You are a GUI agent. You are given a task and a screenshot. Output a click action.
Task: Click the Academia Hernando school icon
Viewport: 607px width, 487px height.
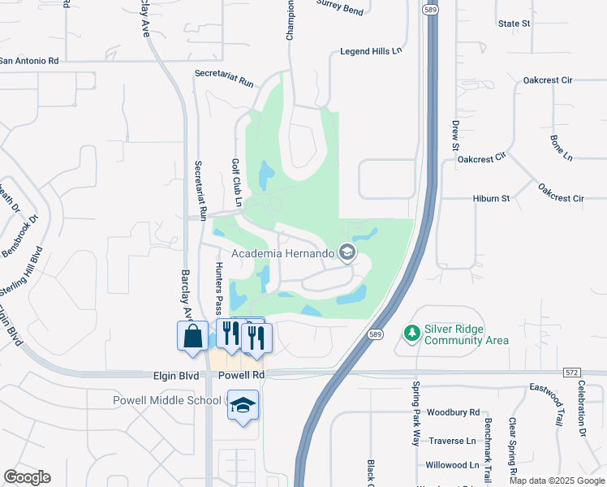(347, 253)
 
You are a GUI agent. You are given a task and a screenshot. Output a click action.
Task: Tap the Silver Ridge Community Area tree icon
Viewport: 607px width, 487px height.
(411, 333)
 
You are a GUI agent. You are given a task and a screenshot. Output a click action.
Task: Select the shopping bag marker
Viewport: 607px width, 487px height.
(192, 337)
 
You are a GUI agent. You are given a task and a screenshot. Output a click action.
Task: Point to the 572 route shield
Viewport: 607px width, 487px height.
(572, 371)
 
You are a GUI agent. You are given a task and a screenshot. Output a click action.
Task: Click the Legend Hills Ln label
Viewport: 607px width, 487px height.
(371, 50)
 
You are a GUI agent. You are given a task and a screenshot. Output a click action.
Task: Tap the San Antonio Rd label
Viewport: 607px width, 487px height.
(30, 61)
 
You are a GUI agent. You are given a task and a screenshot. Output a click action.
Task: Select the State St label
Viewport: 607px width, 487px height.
(514, 24)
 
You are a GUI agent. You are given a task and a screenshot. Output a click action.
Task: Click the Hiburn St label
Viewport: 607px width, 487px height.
(491, 198)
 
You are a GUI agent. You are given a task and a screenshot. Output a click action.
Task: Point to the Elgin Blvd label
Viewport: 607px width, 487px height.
(177, 376)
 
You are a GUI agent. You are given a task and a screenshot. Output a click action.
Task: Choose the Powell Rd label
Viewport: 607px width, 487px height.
(242, 376)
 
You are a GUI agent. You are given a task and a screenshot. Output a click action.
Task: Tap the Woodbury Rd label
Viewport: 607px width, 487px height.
(453, 412)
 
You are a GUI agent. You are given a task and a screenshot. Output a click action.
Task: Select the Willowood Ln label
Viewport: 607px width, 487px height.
(452, 465)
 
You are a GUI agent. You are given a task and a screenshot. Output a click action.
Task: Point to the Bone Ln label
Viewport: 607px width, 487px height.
(562, 147)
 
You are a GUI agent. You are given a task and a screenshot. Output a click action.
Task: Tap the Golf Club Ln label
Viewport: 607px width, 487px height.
(237, 182)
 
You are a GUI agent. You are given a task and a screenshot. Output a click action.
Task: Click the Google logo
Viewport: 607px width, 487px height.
(27, 477)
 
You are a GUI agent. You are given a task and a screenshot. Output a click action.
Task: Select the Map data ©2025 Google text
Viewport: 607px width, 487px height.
(556, 481)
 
